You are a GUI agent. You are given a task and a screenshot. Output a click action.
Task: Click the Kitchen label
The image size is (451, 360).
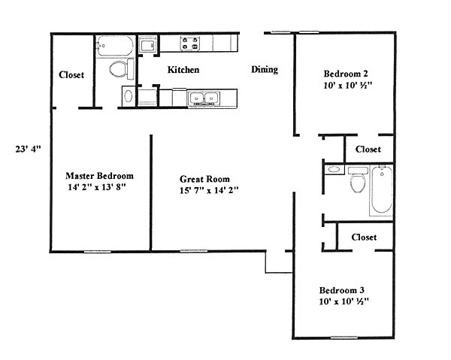tap(183, 70)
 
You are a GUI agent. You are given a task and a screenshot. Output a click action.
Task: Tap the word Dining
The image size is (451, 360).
tap(265, 70)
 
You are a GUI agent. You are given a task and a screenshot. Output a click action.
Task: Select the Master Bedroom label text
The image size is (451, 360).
tap(99, 176)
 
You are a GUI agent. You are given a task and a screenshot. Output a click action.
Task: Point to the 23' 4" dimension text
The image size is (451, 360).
tap(29, 150)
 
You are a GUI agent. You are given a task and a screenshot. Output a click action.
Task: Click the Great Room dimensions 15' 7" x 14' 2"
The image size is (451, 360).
tap(209, 190)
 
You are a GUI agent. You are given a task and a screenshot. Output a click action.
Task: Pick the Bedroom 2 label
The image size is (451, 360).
tap(346, 74)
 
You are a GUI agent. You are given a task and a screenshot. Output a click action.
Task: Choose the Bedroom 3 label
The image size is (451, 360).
tap(342, 290)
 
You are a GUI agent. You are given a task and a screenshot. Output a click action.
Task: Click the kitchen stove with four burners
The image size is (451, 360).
tap(190, 43)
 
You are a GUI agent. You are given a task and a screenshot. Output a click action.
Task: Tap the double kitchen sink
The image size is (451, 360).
tap(204, 98)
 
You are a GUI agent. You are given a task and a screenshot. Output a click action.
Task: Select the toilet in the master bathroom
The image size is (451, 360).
tap(122, 68)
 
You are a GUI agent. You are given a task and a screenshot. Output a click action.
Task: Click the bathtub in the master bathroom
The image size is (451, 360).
tap(115, 46)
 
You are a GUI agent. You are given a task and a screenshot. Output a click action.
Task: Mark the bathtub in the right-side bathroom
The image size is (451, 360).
tap(381, 190)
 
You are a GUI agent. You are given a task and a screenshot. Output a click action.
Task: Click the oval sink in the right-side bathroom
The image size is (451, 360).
tap(334, 169)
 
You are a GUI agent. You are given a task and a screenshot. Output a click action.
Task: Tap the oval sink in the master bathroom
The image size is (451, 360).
tap(129, 96)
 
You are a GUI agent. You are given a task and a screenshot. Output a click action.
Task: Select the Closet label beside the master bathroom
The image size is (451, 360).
tap(71, 74)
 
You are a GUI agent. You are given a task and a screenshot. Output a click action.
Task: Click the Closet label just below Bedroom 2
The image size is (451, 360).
tap(368, 150)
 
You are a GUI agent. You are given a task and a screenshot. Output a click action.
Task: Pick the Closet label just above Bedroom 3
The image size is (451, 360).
tap(364, 237)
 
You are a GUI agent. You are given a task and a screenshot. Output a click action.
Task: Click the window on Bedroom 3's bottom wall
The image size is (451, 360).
tap(344, 337)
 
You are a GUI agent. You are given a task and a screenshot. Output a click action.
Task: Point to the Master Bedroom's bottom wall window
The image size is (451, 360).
tap(98, 252)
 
